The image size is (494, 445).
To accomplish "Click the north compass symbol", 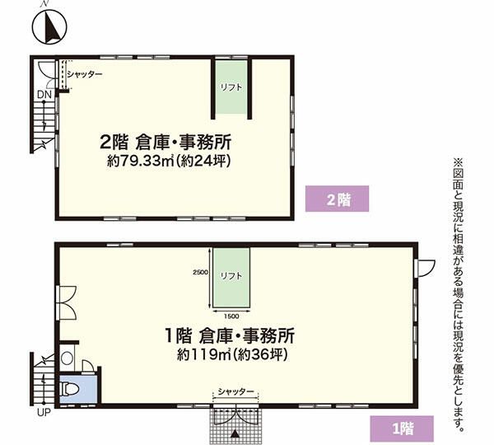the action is coord(49,27).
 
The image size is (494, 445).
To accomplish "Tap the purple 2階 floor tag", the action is coord(337,199).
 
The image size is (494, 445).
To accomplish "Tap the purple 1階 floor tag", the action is coord(402,429).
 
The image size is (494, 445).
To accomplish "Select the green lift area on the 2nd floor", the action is coord(231,87).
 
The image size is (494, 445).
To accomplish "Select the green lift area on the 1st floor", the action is coord(231,277).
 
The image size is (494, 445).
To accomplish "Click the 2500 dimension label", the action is coord(200,272).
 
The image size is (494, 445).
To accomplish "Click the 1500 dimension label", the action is coord(231,316).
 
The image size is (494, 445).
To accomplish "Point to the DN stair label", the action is coord(44,94).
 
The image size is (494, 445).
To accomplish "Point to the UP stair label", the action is coord(44,412).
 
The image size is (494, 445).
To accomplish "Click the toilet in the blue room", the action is coord(68,389).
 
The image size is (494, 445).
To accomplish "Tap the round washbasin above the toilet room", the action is coord(68,358).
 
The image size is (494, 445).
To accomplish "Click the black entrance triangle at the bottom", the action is coord(235,434).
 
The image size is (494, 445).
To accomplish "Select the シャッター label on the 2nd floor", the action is coord(85,74).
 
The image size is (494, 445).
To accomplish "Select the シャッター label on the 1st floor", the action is coord(235,391).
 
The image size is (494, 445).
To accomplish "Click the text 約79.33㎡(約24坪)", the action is coord(169,162).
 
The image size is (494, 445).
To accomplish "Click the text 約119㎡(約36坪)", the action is coord(232,355).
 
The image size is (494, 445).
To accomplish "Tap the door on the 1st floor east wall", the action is coord(425,269).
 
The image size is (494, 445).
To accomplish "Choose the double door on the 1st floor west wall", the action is coord(67,303).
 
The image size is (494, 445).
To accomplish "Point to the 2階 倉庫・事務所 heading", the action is coord(165,142).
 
